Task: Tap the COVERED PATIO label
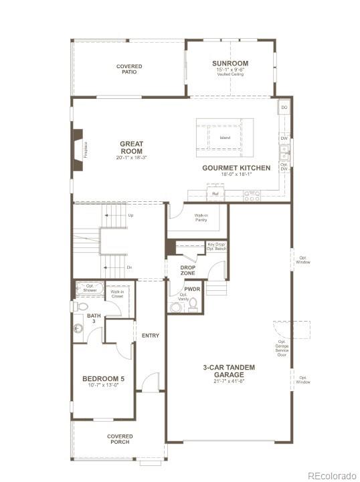(128, 69)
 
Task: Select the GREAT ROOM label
(132, 147)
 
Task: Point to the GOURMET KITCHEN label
(236, 168)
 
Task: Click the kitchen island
(225, 138)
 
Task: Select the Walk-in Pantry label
(201, 217)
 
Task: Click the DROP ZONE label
(188, 269)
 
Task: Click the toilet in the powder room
(193, 305)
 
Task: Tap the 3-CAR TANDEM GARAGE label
(229, 371)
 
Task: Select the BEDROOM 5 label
(104, 379)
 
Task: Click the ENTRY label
(151, 336)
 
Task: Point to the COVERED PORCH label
(120, 439)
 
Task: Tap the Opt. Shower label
(90, 288)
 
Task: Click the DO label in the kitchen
(284, 108)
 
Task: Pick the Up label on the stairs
(130, 215)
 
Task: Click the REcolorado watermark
(333, 475)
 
